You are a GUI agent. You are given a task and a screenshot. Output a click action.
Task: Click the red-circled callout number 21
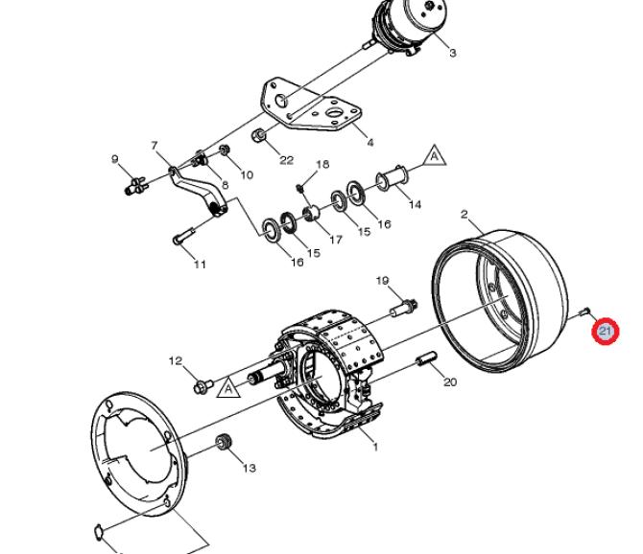coord(606,331)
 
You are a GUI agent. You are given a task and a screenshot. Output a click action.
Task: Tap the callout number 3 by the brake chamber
coord(452,53)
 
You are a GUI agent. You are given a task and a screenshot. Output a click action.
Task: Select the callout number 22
coord(286,160)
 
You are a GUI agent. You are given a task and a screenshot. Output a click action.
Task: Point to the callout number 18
coord(322,164)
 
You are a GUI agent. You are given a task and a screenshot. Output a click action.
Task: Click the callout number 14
coord(415,204)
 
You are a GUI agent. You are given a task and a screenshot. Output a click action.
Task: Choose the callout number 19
coord(382,281)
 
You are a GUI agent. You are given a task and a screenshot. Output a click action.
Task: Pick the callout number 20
coord(450,382)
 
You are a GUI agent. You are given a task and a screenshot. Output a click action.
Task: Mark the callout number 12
coord(176,360)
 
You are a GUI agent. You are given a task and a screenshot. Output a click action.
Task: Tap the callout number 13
coord(250,468)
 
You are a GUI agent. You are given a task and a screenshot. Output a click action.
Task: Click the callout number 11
coord(200,265)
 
